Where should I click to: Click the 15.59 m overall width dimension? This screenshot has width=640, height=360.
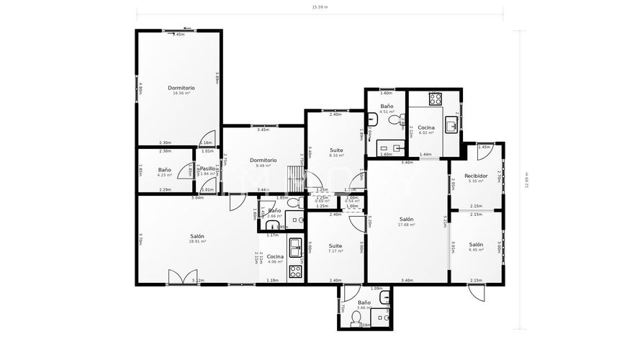(320, 7)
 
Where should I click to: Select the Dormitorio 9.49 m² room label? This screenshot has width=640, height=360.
(263, 163)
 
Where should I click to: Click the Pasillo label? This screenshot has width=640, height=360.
(207, 171)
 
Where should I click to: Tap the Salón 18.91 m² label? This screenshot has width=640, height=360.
(197, 239)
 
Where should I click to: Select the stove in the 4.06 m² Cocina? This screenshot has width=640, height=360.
(294, 271)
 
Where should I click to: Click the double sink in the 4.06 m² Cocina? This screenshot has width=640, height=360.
(294, 249)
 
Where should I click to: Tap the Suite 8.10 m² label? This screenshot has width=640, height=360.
(336, 153)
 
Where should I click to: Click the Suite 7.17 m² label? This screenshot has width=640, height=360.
(335, 248)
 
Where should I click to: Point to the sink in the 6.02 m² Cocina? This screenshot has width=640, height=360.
(451, 126)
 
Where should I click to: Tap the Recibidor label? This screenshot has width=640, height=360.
(476, 178)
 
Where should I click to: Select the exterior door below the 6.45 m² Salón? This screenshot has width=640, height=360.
(477, 291)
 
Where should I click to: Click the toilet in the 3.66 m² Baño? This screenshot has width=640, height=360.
(356, 323)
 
